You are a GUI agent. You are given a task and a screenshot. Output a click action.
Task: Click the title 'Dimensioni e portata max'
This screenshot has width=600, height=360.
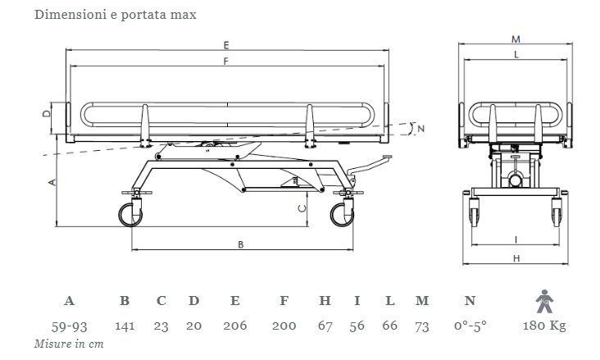[115, 16]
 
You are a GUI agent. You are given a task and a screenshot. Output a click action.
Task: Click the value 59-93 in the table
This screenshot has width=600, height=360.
[69, 326]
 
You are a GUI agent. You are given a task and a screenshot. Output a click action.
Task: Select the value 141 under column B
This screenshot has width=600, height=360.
[125, 326]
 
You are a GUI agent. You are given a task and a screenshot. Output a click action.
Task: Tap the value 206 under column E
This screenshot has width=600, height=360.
[234, 326]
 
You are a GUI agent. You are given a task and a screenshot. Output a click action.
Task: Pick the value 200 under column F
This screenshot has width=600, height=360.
[284, 326]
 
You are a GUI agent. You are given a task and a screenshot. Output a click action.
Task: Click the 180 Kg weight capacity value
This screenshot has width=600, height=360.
[544, 326]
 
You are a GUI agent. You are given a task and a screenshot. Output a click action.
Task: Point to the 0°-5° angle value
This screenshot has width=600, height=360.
[470, 326]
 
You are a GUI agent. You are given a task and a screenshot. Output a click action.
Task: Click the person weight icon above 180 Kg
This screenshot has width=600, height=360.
[543, 301]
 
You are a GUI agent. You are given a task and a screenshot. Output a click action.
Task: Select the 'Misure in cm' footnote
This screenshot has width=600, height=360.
[69, 344]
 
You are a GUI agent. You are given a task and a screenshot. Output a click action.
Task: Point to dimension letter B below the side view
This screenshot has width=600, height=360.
[240, 244]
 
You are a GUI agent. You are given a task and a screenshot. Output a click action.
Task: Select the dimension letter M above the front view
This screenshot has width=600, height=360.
[515, 39]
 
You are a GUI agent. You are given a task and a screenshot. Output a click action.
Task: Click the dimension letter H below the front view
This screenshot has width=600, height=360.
[516, 258]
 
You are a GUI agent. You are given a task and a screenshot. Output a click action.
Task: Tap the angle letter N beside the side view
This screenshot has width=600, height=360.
[420, 129]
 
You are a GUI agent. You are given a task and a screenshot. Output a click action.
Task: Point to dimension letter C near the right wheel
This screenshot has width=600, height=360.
[302, 209]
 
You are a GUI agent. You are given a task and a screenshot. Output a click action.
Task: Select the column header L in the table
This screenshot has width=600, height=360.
[389, 301]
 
